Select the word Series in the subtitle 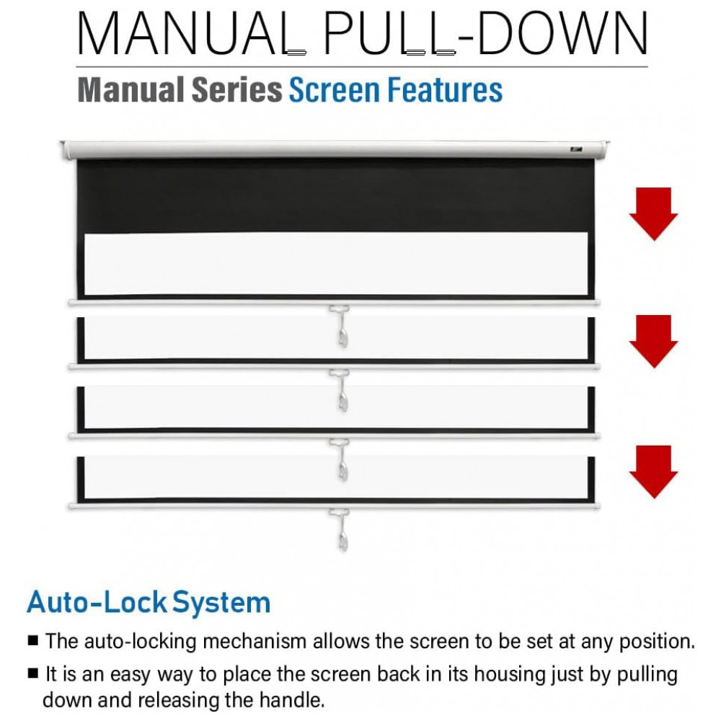pos(236,90)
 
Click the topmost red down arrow pos(653,214)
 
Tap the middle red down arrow pos(653,341)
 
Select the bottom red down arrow pos(653,472)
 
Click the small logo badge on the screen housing pos(575,149)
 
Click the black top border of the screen pos(335,196)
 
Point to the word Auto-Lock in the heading pos(97,602)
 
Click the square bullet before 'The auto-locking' pos(32,640)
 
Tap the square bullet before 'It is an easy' pos(32,673)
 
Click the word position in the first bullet pos(657,642)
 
